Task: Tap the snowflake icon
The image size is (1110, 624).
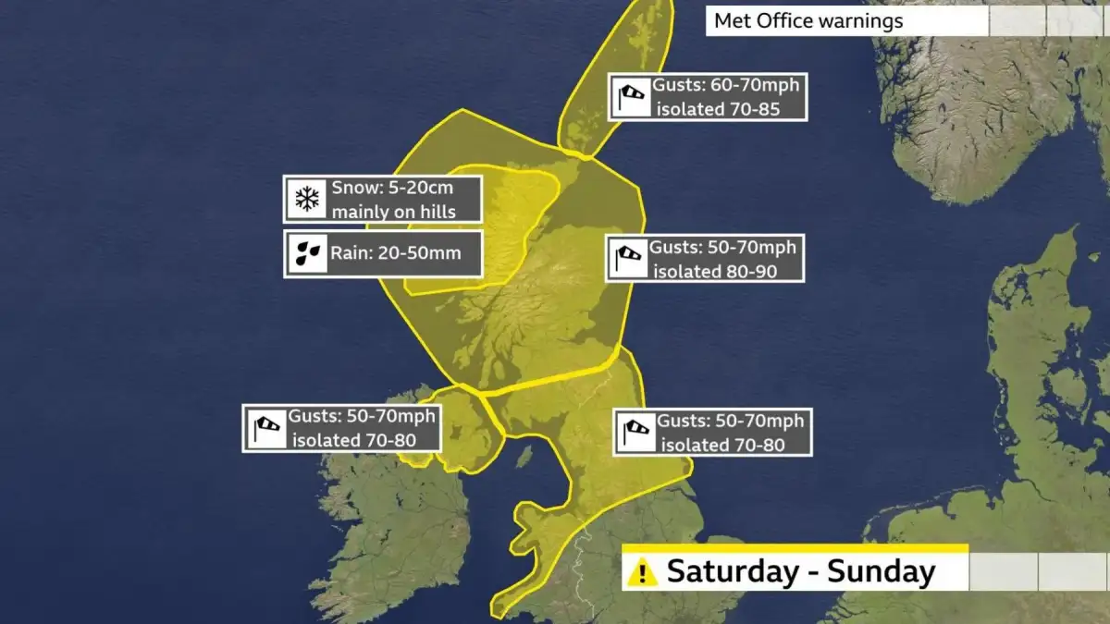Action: [306, 198]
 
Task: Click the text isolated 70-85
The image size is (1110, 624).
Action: [718, 109]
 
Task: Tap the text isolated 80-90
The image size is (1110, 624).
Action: [714, 271]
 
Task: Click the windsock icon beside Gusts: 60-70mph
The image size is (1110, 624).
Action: [631, 97]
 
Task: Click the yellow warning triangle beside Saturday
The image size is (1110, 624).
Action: [641, 571]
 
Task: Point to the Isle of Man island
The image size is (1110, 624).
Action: [524, 456]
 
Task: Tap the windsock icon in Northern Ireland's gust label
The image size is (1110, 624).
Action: [266, 428]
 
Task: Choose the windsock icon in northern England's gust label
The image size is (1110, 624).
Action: [636, 432]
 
